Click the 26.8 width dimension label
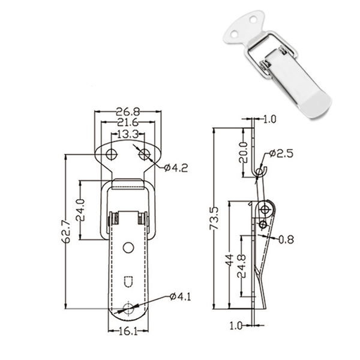click(128, 112)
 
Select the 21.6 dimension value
click(128, 122)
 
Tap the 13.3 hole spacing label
click(128, 134)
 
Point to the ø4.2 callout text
click(176, 168)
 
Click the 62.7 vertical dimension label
click(65, 232)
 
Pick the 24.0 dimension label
click(80, 210)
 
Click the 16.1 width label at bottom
click(128, 331)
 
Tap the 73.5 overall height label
click(214, 218)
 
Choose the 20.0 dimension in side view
click(244, 152)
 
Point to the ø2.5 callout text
click(281, 154)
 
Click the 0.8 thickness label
click(286, 239)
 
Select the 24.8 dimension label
click(242, 266)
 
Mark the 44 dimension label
click(230, 260)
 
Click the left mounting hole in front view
click(112, 155)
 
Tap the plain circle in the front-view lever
click(128, 247)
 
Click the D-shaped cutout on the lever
click(128, 281)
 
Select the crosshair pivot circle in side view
click(265, 209)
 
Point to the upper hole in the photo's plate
click(253, 19)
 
